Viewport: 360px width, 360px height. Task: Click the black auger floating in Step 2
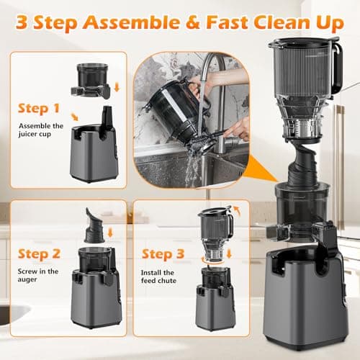click(x=95, y=225)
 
